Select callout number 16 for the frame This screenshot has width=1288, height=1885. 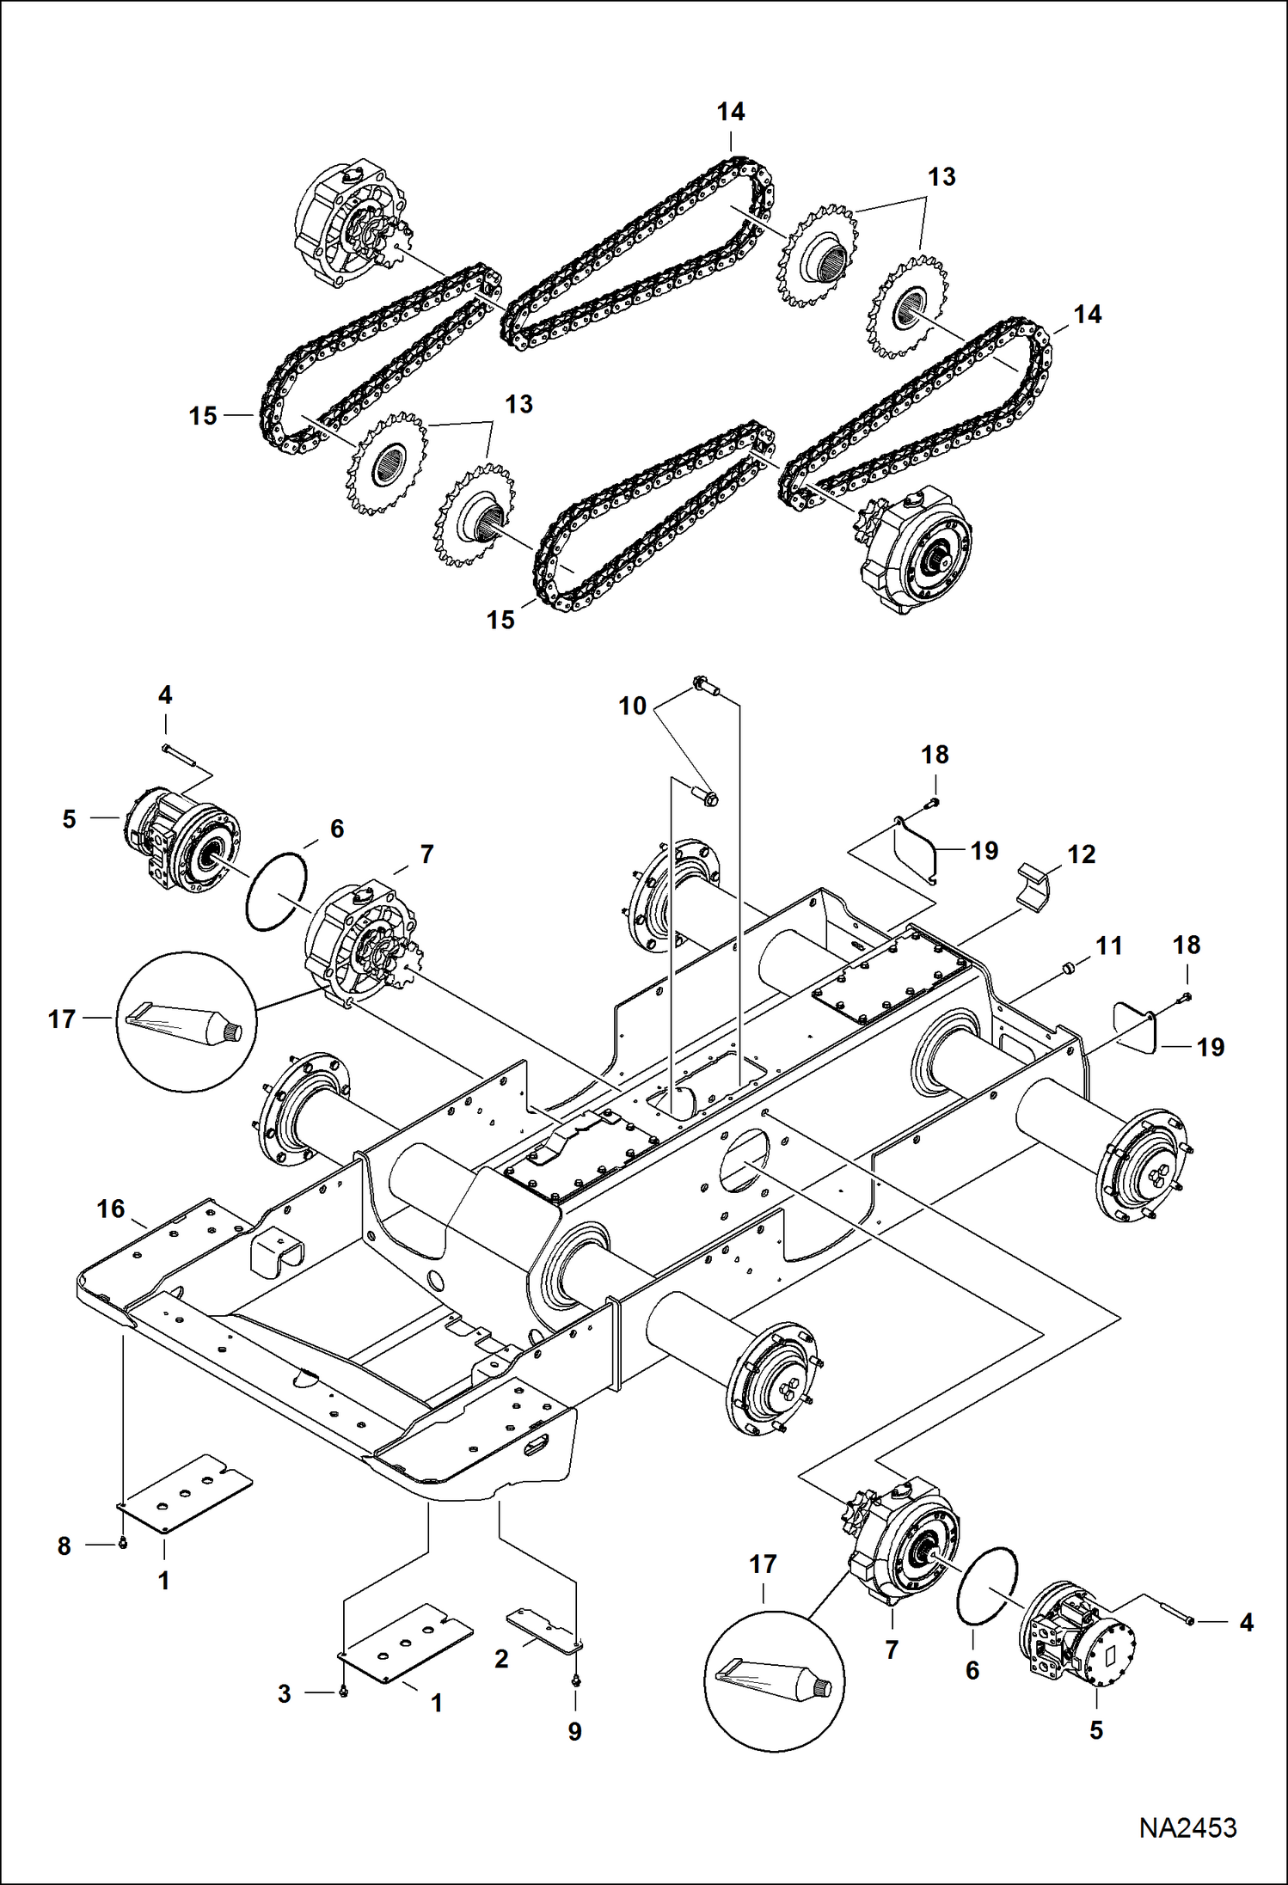111,1209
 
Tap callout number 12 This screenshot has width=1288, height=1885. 1081,854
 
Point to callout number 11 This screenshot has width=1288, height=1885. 1108,946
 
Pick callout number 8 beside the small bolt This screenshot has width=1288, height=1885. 64,1545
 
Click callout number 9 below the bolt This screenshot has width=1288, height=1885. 574,1731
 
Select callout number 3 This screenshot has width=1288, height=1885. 285,1693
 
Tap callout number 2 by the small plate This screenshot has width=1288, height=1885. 501,1659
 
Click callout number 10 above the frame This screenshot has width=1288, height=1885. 632,706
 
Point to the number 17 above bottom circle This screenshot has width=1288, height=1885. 763,1564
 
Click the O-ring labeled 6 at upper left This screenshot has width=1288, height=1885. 277,891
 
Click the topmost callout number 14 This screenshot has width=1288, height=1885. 731,112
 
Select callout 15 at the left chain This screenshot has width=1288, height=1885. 203,416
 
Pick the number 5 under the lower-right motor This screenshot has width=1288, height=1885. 1095,1729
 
